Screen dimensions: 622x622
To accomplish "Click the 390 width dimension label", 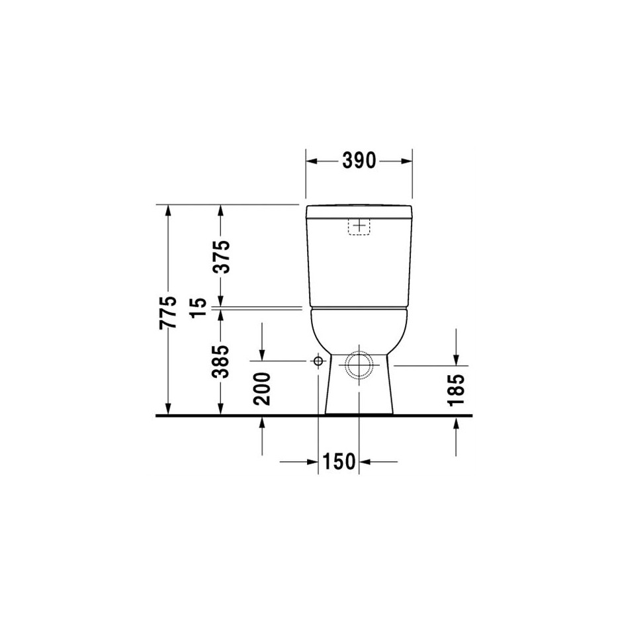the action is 359,161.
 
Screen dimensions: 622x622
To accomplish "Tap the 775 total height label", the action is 168,312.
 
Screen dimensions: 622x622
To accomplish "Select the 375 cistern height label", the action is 221,257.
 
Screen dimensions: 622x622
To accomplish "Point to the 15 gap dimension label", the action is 199,308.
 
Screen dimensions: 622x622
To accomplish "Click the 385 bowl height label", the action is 221,361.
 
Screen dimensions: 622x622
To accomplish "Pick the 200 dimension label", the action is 262,389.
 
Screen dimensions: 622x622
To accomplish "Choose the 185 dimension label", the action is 456,390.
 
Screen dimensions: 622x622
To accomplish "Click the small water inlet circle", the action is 318,361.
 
